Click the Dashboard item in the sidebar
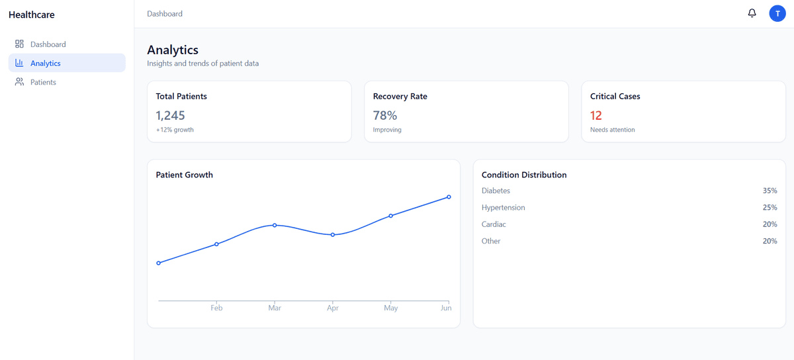coord(48,44)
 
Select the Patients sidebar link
coord(43,82)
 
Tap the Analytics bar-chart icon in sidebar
coord(19,64)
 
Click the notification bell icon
coord(752,13)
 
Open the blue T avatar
coord(777,13)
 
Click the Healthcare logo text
coord(32,15)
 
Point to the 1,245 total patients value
coord(171,115)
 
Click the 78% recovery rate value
coord(384,115)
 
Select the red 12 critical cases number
coord(596,115)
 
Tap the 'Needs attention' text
coord(612,130)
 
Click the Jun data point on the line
coord(449,197)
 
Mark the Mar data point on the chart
coord(275,225)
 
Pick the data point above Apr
coord(333,235)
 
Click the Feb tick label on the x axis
coord(216,308)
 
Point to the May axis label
coord(390,308)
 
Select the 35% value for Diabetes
coord(770,191)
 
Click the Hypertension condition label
coord(503,208)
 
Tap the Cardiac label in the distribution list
coord(494,224)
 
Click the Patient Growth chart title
coord(184,175)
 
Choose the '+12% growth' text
coord(175,130)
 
